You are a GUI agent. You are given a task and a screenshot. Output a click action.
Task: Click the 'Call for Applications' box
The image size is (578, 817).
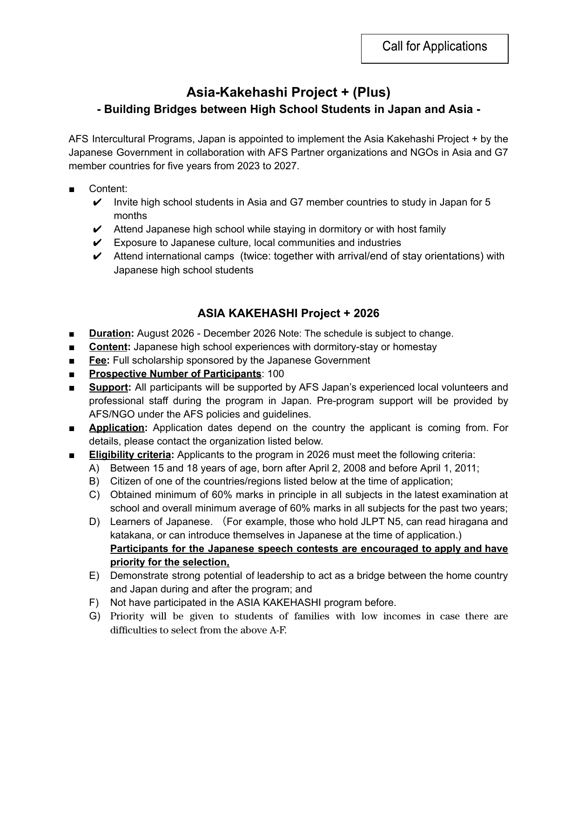434,48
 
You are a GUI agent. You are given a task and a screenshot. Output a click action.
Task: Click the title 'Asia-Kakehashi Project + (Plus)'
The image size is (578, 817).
288,92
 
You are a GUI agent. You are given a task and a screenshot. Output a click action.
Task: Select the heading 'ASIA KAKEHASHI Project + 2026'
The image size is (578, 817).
288,313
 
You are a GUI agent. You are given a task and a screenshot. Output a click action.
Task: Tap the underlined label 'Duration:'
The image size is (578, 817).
111,333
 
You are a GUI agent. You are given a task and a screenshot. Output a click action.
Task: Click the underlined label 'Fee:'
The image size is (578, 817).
99,360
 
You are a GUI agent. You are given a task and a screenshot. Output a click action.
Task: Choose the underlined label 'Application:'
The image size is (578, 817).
118,428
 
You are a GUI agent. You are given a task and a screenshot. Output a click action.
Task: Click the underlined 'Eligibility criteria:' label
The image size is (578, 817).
132,455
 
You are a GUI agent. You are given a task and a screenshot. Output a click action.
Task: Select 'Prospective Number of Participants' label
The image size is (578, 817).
175,374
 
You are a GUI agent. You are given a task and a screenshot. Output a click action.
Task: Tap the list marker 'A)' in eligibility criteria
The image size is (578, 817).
94,468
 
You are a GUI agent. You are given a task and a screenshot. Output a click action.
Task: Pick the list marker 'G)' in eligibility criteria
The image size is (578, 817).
94,616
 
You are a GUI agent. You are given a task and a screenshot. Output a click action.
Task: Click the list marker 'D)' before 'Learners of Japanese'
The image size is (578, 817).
94,522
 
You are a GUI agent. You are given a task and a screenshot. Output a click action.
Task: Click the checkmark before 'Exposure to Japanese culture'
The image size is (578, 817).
97,243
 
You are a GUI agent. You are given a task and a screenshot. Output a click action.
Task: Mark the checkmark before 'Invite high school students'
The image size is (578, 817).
97,202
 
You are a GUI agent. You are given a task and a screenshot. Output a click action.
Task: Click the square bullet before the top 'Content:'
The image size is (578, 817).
71,189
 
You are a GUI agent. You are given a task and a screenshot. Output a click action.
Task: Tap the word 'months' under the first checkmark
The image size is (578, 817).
130,216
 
